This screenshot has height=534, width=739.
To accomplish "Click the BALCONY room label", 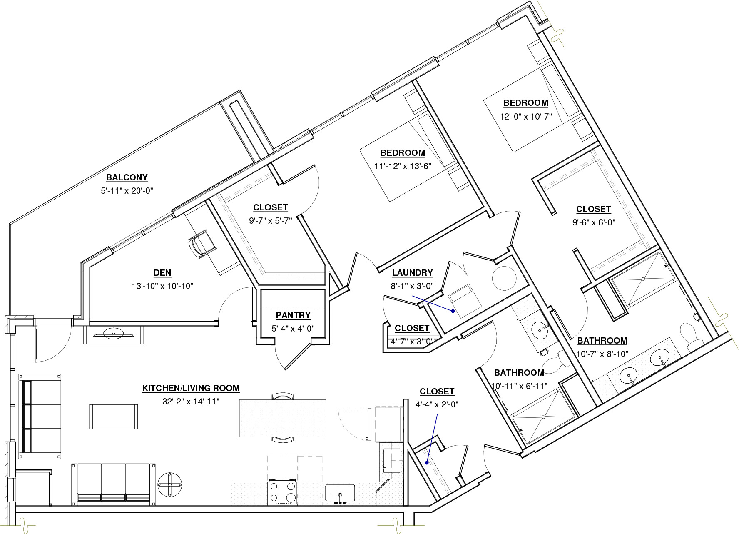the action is [127, 177].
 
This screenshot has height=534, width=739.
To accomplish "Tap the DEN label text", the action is [162, 273].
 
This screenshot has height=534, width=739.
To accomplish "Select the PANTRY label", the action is [293, 315].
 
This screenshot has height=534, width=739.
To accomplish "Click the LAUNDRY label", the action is [412, 273].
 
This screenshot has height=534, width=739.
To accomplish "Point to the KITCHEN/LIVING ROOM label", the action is [191, 388].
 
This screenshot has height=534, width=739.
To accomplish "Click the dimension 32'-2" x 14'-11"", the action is [191, 402].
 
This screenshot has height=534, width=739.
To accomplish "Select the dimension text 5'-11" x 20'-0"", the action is [127, 191].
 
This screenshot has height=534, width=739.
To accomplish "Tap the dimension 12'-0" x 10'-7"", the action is [526, 116].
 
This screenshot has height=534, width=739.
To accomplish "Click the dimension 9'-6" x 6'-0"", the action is [594, 222].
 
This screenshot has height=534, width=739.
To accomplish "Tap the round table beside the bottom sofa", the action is [170, 484].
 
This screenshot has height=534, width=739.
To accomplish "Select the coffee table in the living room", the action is [113, 417].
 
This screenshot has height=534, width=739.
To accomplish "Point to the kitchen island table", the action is [282, 418].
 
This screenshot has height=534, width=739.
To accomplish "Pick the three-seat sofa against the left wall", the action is [40, 417].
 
